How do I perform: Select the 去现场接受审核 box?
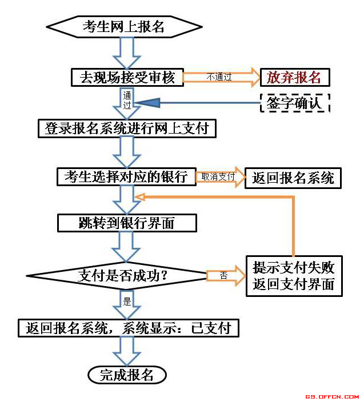(127, 77)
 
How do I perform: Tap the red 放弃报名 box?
(295, 77)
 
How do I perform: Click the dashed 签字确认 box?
(295, 103)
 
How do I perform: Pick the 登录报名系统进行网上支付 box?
(127, 128)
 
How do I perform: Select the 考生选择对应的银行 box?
(126, 176)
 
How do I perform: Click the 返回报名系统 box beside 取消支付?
(293, 178)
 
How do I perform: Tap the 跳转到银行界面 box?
(127, 223)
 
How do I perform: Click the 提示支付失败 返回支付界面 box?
(294, 275)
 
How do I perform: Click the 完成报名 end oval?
(127, 375)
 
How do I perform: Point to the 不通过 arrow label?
(219, 77)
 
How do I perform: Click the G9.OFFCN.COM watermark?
(331, 396)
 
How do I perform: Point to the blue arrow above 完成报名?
(127, 350)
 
